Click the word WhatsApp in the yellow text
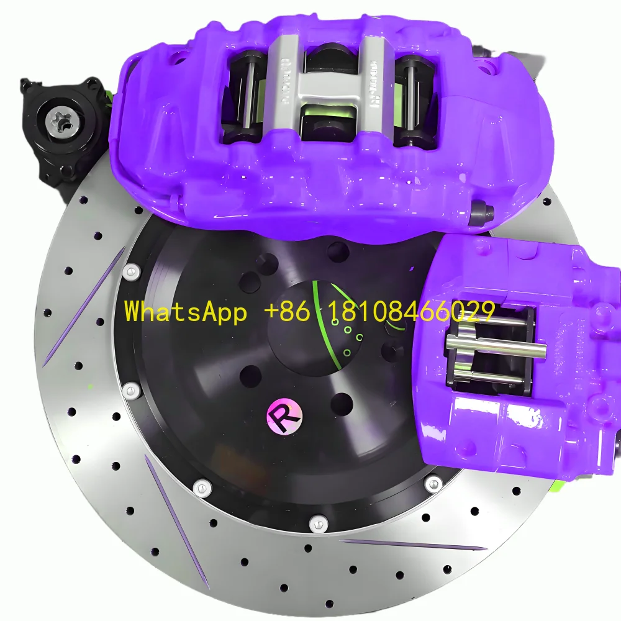[185, 311]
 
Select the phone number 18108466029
[406, 311]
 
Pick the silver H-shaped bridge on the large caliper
[323, 81]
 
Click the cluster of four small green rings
[348, 338]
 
